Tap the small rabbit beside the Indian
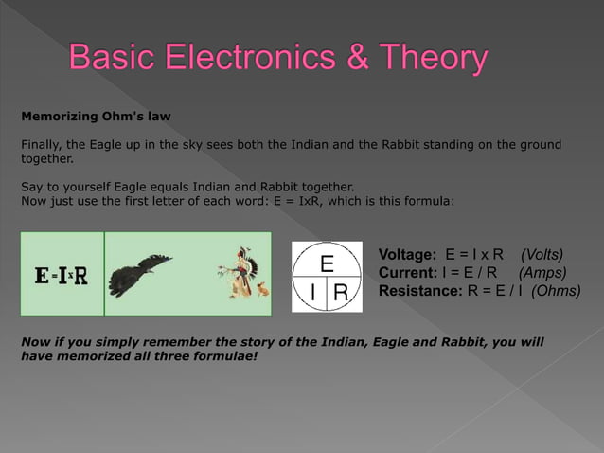[261, 287]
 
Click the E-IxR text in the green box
[62, 275]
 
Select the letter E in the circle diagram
[327, 262]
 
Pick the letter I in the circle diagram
[311, 295]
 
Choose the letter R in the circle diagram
[341, 295]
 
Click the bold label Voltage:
[407, 255]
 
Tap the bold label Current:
[407, 273]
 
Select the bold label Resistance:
[420, 291]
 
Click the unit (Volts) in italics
[542, 255]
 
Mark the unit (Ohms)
[556, 291]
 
